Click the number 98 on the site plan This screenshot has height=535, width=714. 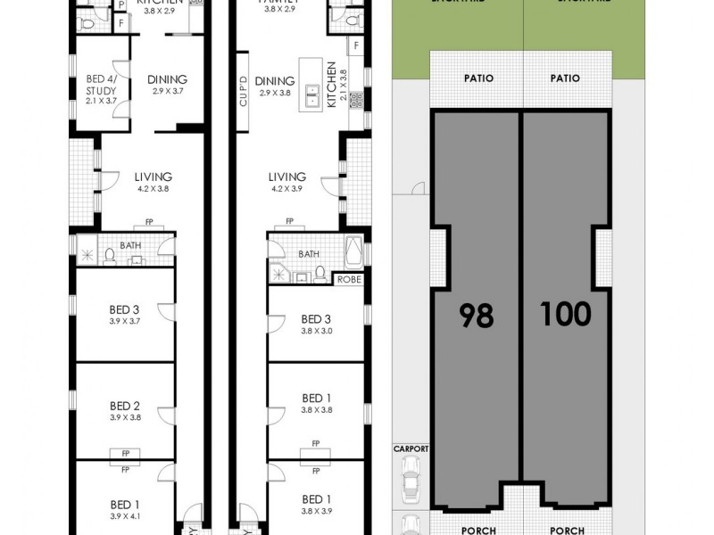pyautogui.click(x=476, y=315)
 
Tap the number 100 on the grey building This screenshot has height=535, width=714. pyautogui.click(x=565, y=313)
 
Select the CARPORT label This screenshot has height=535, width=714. pyautogui.click(x=411, y=449)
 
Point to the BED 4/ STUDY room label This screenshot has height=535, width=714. pyautogui.click(x=100, y=90)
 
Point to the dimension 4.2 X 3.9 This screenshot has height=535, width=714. pyautogui.click(x=286, y=189)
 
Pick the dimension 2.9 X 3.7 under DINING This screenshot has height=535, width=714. pyautogui.click(x=167, y=91)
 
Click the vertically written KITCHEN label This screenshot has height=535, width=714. pyautogui.click(x=331, y=85)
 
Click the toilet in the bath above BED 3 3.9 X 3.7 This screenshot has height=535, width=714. pyautogui.click(x=109, y=257)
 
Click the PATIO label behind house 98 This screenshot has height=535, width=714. pyautogui.click(x=477, y=78)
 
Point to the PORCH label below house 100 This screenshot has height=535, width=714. pyautogui.click(x=566, y=531)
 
